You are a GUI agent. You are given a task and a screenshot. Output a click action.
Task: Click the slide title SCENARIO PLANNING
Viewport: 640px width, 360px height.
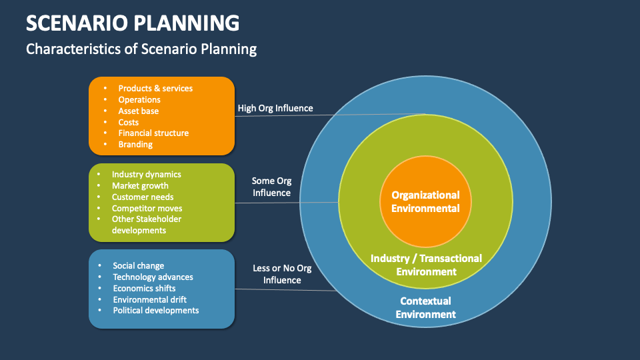[133, 23]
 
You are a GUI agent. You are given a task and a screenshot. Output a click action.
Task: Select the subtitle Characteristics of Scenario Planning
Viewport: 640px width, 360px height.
[141, 49]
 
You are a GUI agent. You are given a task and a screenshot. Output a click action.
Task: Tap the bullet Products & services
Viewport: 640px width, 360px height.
[155, 88]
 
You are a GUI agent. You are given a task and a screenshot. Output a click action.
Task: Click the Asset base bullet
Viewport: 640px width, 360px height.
[139, 111]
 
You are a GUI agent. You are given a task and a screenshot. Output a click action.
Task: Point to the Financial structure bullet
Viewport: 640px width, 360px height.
[153, 133]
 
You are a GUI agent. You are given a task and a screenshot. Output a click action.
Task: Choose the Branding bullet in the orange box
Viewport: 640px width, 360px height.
[135, 144]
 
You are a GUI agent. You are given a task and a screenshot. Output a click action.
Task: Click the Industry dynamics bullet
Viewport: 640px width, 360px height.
[146, 174]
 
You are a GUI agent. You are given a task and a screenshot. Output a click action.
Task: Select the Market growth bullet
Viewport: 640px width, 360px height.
[140, 185]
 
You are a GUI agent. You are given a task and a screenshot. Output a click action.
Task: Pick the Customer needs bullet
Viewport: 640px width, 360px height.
[143, 197]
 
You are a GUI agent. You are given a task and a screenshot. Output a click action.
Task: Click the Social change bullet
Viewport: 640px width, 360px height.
[138, 265]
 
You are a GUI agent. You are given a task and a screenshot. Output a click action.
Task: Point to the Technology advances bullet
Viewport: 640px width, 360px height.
[153, 277]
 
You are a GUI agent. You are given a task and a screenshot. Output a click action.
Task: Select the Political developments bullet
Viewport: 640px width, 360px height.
[155, 310]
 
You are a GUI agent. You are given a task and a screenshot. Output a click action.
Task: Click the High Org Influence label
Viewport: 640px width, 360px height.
[275, 108]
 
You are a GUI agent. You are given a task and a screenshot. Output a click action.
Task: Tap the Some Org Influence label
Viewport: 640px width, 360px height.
[271, 187]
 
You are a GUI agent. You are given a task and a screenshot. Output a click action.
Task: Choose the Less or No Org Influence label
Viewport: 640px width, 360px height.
[282, 274]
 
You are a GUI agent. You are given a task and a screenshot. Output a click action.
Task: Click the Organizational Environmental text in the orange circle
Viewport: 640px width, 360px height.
[425, 201]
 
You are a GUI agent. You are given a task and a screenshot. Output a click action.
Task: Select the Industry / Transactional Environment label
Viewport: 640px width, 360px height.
[426, 265]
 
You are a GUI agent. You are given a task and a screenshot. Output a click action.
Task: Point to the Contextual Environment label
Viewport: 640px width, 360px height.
[425, 307]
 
